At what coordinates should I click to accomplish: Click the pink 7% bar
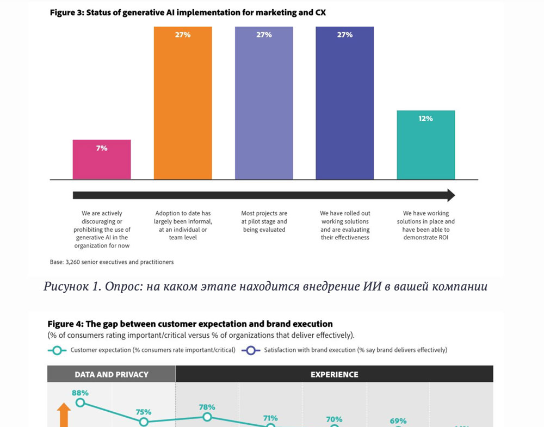click(x=102, y=160)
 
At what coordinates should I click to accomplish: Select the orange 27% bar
click(x=183, y=103)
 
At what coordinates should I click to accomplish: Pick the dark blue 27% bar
click(x=345, y=103)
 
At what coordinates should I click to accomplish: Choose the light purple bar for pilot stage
click(x=264, y=103)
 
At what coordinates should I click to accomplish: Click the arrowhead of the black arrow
click(x=450, y=195)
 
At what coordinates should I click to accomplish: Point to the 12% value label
click(x=425, y=119)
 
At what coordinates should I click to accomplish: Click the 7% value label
click(x=102, y=148)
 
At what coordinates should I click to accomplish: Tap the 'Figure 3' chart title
click(x=188, y=13)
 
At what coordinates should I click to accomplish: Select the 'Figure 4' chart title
click(x=190, y=324)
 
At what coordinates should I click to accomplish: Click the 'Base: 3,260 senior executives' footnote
click(x=112, y=262)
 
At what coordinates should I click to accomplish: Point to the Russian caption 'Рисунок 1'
click(x=265, y=286)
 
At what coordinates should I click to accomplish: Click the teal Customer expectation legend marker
click(x=57, y=350)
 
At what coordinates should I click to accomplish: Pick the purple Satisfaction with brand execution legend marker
click(x=251, y=350)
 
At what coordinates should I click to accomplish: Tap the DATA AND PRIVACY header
click(x=112, y=374)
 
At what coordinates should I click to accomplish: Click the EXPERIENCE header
click(x=334, y=374)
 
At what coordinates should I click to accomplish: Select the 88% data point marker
click(x=80, y=403)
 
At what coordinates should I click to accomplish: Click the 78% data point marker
click(x=207, y=417)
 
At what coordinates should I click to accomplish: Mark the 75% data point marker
click(x=144, y=422)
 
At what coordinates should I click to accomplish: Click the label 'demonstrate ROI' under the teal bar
click(x=426, y=238)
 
